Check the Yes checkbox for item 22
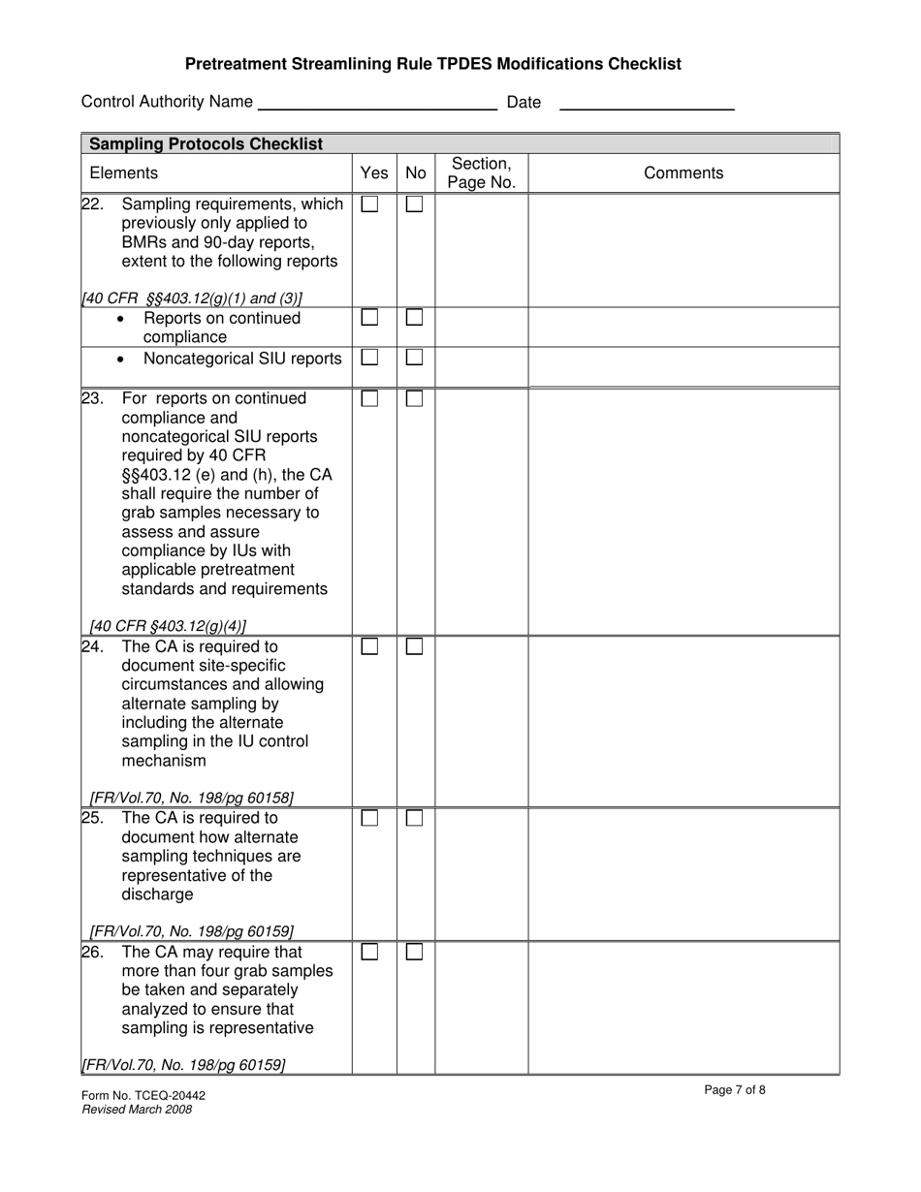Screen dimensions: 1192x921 coord(369,204)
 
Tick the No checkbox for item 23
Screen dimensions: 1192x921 coord(414,399)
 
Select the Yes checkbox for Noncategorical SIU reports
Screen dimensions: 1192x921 coord(369,358)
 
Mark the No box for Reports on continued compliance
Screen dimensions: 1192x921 coord(414,317)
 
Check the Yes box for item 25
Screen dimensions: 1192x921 coord(369,819)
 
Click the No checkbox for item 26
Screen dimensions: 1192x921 coord(414,953)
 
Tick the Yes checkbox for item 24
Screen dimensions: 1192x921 coord(369,646)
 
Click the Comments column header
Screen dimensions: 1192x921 coord(683,173)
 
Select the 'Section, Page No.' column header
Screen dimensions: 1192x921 coord(481,173)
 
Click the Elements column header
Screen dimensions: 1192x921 coord(123,173)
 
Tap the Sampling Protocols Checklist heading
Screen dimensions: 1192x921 coord(206,144)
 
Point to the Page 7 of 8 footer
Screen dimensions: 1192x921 coord(735,1090)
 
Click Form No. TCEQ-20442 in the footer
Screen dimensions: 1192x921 coord(143,1096)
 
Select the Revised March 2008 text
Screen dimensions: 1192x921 coord(137,1110)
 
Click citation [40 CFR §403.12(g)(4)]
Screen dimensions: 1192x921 coord(168,626)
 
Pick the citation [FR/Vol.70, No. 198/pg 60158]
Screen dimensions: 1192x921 coord(191,798)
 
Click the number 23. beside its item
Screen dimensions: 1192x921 coord(92,399)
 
